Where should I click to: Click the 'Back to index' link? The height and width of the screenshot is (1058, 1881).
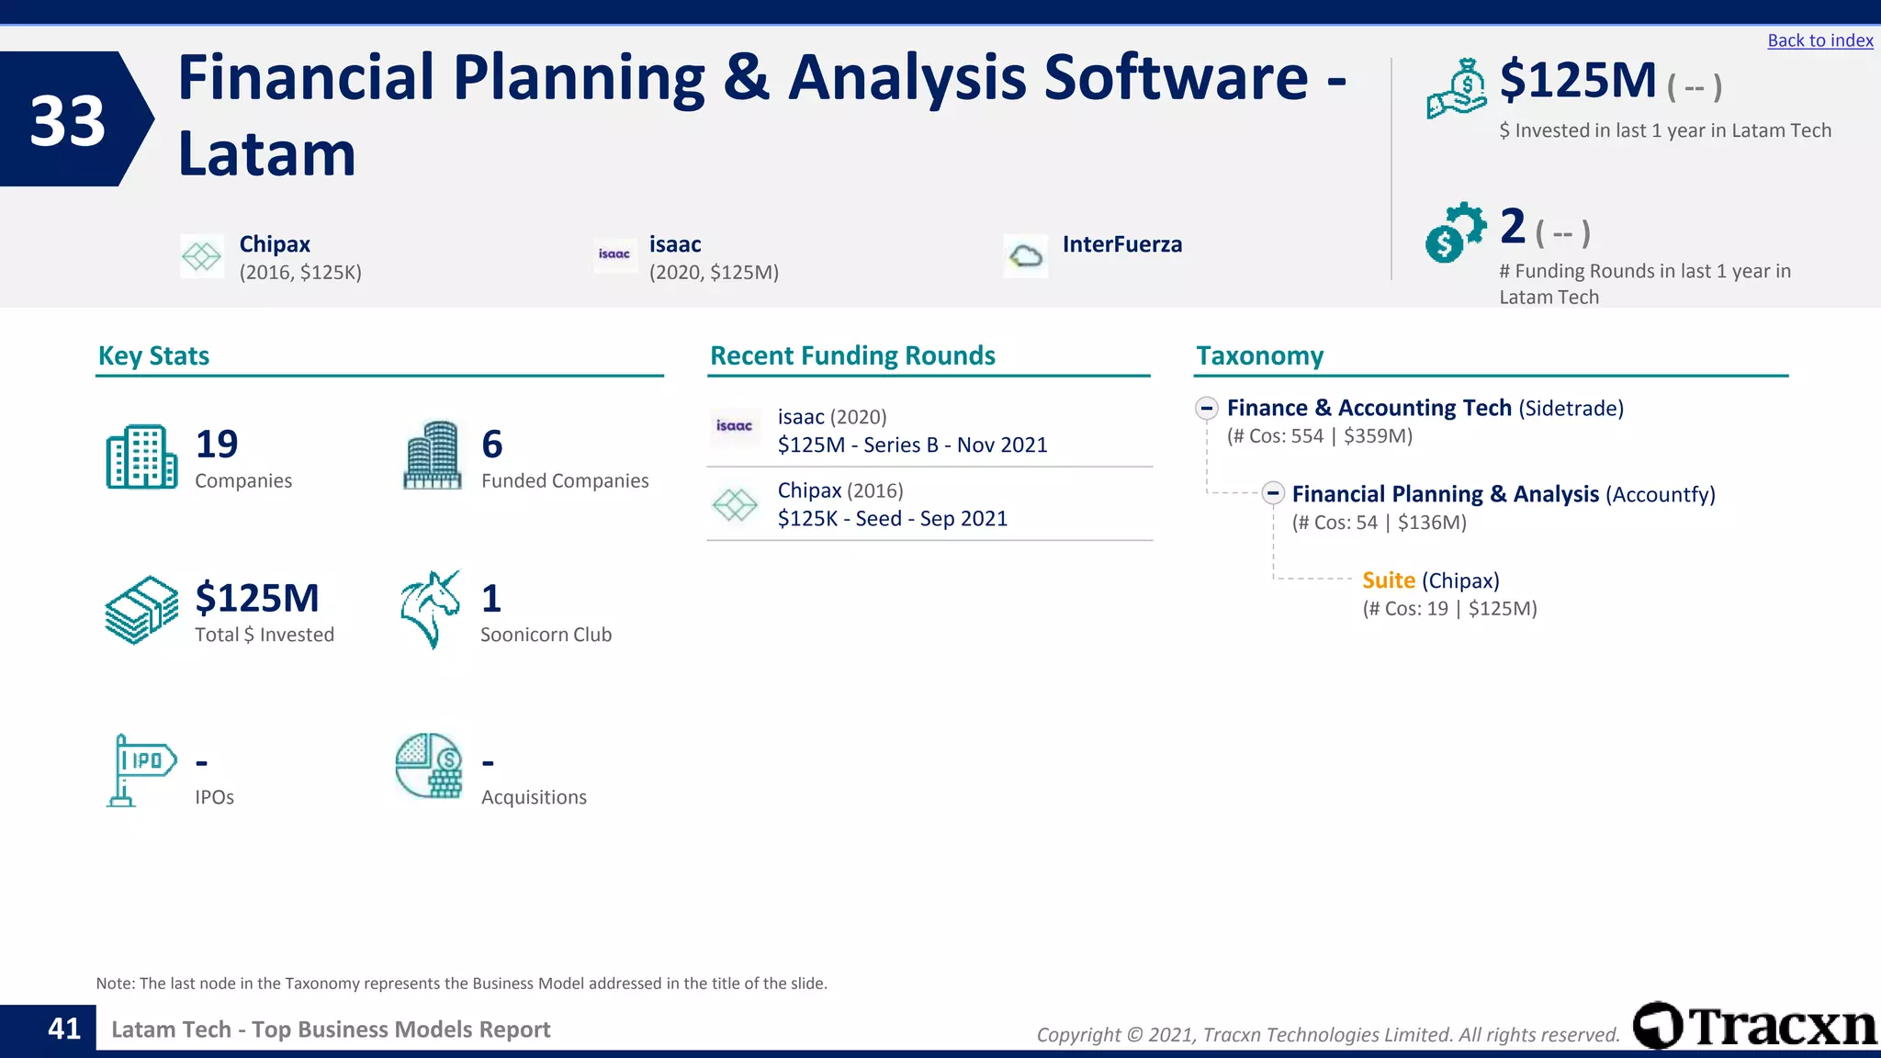[x=1819, y=40]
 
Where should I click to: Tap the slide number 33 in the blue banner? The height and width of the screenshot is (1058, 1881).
[x=67, y=120]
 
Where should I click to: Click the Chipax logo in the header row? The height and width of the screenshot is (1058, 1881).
[x=201, y=256]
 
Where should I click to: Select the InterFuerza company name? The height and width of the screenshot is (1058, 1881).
[x=1121, y=244]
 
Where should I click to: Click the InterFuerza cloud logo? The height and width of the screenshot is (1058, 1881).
[x=1025, y=256]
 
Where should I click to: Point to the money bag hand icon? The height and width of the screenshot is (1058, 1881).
[x=1456, y=89]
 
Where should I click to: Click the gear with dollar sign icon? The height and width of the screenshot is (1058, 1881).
[x=1455, y=232]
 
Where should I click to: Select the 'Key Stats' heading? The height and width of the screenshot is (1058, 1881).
[x=153, y=355]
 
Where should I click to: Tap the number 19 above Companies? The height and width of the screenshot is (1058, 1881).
[x=217, y=445]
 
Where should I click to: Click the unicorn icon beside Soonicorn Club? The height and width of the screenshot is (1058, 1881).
[x=430, y=609]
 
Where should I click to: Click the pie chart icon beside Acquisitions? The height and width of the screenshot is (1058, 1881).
[x=429, y=765]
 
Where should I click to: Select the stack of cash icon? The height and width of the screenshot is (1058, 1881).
[x=141, y=610]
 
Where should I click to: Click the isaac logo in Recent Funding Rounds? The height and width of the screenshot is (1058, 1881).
[x=734, y=426]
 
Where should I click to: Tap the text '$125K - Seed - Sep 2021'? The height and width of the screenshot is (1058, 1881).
[x=892, y=519]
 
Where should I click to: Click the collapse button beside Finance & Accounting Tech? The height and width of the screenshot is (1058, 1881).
[x=1207, y=408]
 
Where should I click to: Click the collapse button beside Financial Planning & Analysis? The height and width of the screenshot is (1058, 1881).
[x=1272, y=493]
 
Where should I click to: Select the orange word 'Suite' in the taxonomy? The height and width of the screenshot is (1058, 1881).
[x=1388, y=580]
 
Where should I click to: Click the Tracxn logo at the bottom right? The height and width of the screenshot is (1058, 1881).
[x=1753, y=1026]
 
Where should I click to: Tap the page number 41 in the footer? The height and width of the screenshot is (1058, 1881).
[x=64, y=1029]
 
